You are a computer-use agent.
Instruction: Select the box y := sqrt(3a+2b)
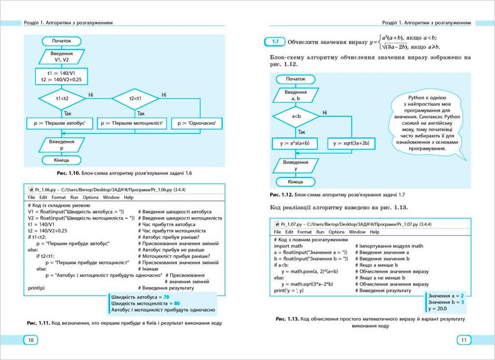pyautogui.click(x=351, y=143)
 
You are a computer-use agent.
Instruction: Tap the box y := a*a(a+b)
pyautogui.click(x=295, y=143)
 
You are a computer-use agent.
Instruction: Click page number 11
pyautogui.click(x=463, y=340)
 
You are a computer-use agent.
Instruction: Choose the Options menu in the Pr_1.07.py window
pyautogui.click(x=335, y=231)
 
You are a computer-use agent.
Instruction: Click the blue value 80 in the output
pyautogui.click(x=177, y=304)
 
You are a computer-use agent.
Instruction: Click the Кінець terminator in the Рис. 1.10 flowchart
pyautogui.click(x=62, y=160)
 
